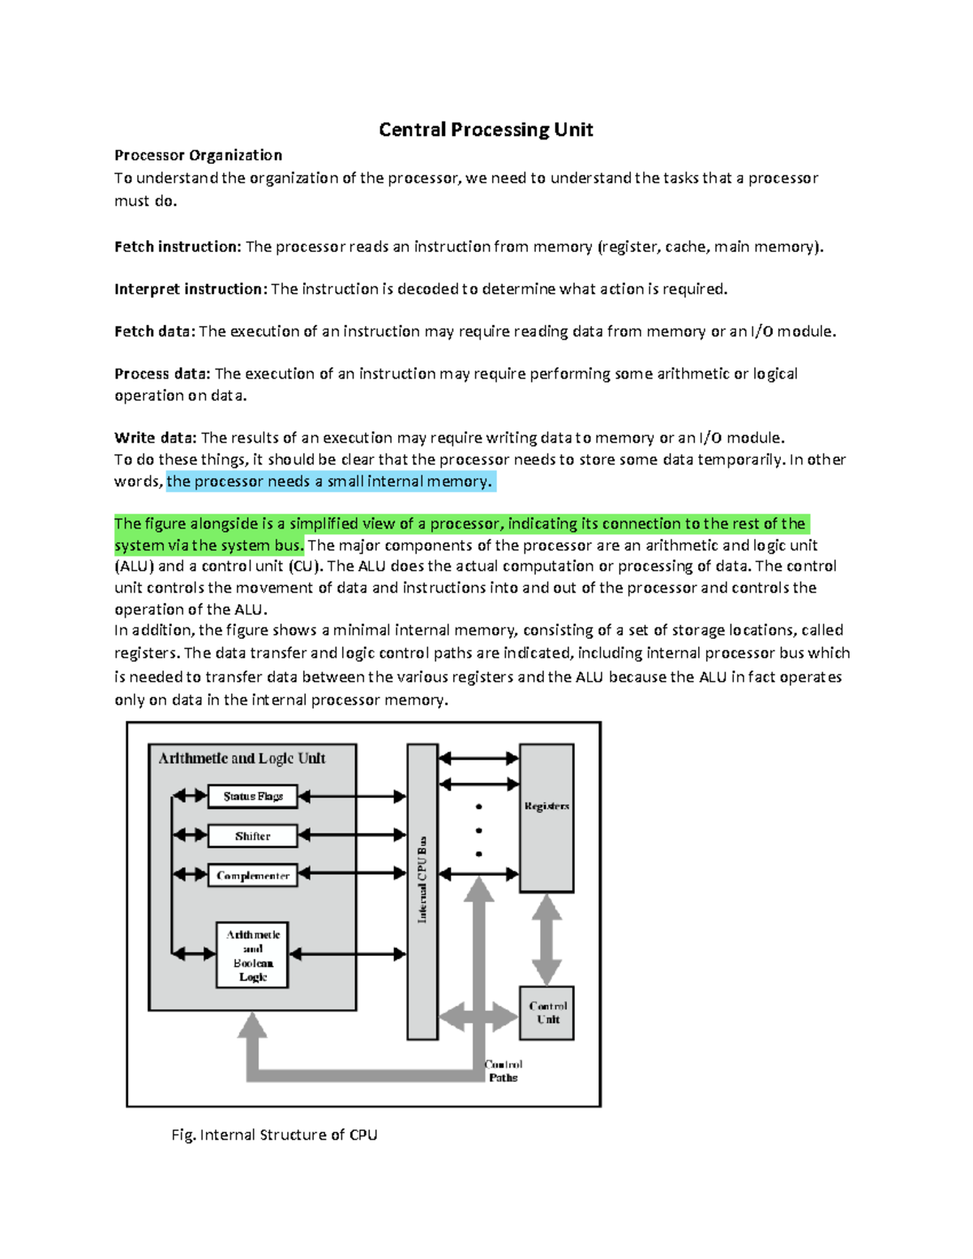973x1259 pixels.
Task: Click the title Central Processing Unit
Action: click(x=486, y=130)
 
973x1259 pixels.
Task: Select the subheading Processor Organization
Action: click(x=198, y=155)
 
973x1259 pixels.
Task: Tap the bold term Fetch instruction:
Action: click(x=178, y=246)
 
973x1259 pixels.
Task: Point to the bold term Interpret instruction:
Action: click(x=191, y=289)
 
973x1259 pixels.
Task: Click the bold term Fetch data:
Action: click(x=155, y=331)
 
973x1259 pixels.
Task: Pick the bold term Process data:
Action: click(x=162, y=373)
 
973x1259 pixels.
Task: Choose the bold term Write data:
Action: click(x=156, y=438)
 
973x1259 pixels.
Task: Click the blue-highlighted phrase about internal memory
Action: click(x=329, y=482)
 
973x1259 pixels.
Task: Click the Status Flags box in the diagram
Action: click(x=253, y=796)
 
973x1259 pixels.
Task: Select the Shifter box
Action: click(x=253, y=836)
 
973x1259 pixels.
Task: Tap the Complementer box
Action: click(x=253, y=876)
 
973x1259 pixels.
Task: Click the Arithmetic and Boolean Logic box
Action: click(x=253, y=955)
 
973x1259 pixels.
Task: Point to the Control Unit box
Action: click(x=547, y=1013)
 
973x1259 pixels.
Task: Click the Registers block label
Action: click(x=547, y=806)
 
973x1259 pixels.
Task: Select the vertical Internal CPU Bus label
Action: click(x=422, y=880)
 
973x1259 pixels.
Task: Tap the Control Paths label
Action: click(x=504, y=1071)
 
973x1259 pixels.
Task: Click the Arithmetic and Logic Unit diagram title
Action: click(x=242, y=758)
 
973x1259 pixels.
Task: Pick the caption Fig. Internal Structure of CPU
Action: click(x=274, y=1134)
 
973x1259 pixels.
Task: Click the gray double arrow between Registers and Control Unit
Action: click(x=547, y=939)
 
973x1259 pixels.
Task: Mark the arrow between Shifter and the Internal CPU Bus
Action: click(x=352, y=835)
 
